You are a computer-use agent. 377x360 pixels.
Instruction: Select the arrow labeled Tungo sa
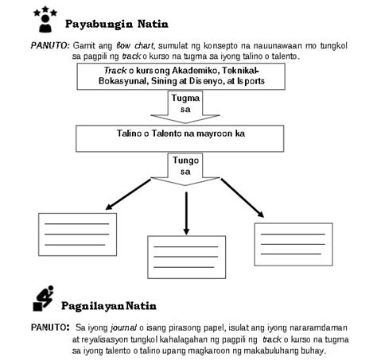pyautogui.click(x=185, y=167)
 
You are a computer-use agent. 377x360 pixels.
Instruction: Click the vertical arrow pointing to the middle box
pyautogui.click(x=185, y=211)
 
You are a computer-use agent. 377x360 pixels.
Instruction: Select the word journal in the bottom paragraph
pyautogui.click(x=120, y=326)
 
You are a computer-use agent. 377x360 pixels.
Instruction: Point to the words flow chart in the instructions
pyautogui.click(x=133, y=47)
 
